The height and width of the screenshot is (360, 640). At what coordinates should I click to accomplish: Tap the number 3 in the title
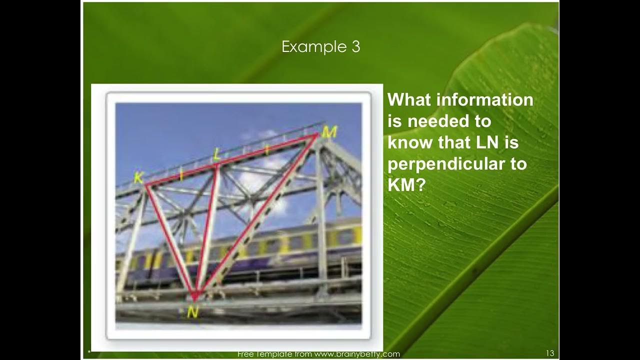click(354, 47)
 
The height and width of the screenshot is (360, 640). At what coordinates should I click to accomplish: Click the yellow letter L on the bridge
click(216, 154)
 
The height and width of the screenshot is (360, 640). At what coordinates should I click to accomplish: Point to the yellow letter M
click(329, 132)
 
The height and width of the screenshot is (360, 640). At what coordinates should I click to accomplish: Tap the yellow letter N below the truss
click(192, 312)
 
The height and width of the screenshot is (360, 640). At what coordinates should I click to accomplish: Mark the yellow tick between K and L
click(181, 174)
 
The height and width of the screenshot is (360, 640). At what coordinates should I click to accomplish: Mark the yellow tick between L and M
click(267, 149)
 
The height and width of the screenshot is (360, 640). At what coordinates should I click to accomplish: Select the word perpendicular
click(457, 164)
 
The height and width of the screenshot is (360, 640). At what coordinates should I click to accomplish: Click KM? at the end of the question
click(406, 185)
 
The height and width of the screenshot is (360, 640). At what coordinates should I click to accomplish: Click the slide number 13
click(550, 353)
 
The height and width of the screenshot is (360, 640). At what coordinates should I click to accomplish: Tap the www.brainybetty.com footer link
click(350, 354)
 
